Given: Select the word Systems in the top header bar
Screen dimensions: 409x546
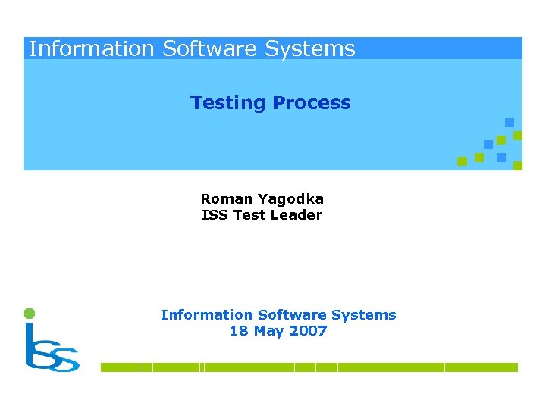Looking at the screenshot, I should pyautogui.click(x=310, y=49).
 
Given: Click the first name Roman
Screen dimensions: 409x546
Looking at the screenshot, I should pyautogui.click(x=225, y=199).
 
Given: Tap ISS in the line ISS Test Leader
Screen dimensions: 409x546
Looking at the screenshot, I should pyautogui.click(x=214, y=215).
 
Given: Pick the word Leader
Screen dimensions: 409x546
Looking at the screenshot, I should pyautogui.click(x=297, y=215).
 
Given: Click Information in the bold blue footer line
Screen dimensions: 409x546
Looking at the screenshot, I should pyautogui.click(x=206, y=315).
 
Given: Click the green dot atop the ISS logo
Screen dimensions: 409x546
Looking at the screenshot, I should pyautogui.click(x=29, y=313).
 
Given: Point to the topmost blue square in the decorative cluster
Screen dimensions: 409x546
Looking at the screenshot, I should pyautogui.click(x=510, y=122).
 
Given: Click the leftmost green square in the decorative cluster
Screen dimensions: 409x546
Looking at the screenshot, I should pyautogui.click(x=462, y=161).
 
